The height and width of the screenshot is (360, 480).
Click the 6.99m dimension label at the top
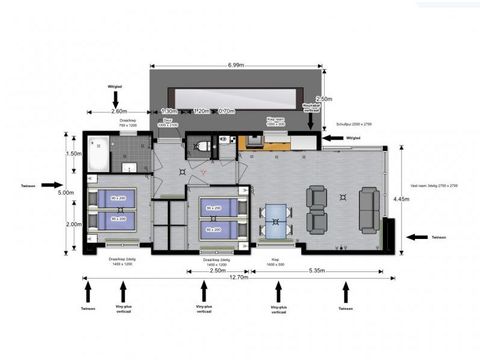pyautogui.click(x=237, y=65)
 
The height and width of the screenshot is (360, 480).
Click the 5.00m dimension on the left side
pyautogui.click(x=66, y=192)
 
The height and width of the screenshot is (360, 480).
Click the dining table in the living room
pyautogui.click(x=275, y=217)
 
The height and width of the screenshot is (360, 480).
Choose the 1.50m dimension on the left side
pyautogui.click(x=73, y=154)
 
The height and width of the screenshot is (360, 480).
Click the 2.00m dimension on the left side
pyautogui.click(x=73, y=224)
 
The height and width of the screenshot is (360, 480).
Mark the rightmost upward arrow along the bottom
pyautogui.click(x=345, y=293)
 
